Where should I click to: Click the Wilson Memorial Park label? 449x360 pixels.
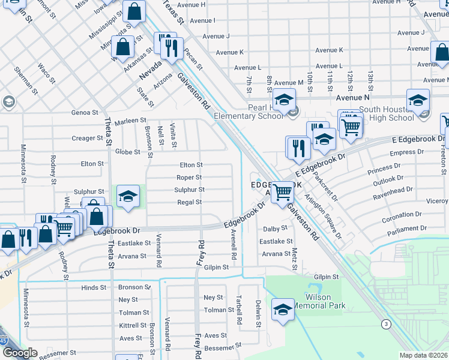point(326,301)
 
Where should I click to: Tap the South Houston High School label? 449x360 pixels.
point(386,114)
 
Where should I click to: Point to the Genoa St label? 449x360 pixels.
point(85,112)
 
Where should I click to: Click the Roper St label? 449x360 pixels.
point(189,178)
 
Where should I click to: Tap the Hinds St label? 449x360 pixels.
point(94,288)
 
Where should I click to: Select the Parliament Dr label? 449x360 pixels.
point(407,229)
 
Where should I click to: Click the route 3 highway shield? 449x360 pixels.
point(385,324)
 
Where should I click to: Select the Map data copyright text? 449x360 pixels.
point(424,355)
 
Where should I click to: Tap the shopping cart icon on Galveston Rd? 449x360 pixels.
point(282,193)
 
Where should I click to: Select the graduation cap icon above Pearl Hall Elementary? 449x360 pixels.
point(284,99)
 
